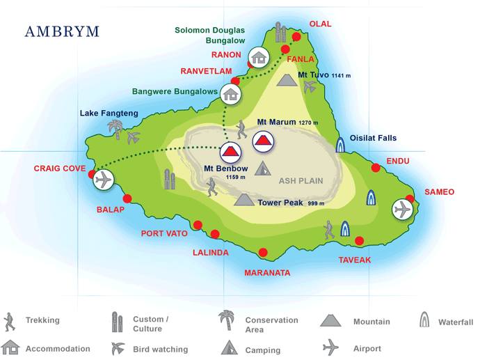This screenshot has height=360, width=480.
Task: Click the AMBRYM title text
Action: [x=62, y=31]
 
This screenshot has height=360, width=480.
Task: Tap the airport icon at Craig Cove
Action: [x=104, y=180]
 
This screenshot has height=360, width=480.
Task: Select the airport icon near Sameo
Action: [x=401, y=209]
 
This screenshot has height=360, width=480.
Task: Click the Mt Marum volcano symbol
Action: [x=262, y=141]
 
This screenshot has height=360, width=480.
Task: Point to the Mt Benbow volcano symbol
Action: [x=230, y=152]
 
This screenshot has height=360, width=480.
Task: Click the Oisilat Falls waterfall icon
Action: [x=340, y=145]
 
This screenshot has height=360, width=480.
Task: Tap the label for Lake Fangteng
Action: [x=109, y=113]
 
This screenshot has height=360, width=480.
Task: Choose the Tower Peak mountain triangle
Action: [x=243, y=201]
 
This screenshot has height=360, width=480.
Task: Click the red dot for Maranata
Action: [x=262, y=253]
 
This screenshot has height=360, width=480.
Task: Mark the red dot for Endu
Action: [x=376, y=167]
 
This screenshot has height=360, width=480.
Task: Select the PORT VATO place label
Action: [x=164, y=233]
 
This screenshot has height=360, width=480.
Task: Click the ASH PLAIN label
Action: [x=301, y=181]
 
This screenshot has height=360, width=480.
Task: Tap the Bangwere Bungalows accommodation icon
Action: [x=230, y=93]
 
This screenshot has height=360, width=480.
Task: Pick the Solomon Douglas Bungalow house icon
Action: [x=259, y=57]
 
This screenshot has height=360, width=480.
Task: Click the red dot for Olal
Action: [x=296, y=37]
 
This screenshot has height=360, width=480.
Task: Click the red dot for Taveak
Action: [x=359, y=241]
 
